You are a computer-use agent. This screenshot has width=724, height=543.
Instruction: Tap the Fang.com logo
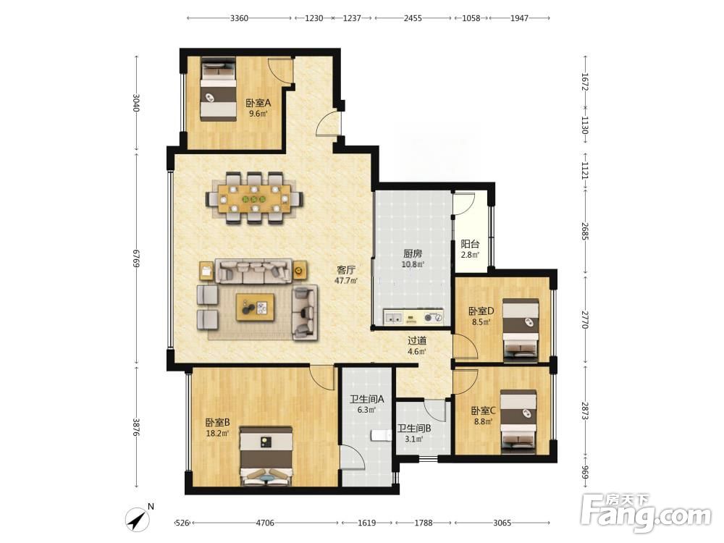[646, 513]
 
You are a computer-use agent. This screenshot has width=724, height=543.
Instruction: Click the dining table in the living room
[253, 199]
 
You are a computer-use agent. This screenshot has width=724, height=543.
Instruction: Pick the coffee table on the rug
[255, 306]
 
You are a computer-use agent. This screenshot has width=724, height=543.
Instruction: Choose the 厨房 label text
[413, 253]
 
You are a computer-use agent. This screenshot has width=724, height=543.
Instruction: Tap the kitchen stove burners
[434, 318]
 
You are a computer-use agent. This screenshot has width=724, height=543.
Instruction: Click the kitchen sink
[394, 318]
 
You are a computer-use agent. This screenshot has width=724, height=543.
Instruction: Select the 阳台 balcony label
[470, 244]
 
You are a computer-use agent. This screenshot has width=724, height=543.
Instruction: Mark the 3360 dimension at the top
[239, 18]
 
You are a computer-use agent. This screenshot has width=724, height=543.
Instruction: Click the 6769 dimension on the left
[136, 258]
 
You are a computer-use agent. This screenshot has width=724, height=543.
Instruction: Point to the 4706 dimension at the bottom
[265, 523]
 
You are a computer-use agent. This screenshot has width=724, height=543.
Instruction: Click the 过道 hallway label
[417, 341]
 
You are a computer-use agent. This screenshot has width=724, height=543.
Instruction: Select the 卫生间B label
[414, 428]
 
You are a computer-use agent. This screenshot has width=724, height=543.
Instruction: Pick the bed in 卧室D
[521, 329]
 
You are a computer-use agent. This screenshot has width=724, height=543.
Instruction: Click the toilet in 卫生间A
[379, 435]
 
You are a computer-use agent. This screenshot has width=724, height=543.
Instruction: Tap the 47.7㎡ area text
[346, 281]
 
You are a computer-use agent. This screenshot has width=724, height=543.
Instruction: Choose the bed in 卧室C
[518, 421]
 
